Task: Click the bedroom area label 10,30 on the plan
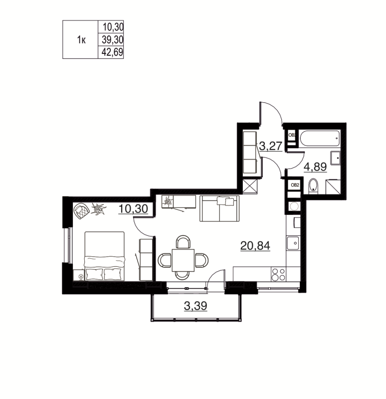(x=133, y=209)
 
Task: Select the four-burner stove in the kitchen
(x=278, y=274)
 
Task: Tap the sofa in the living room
(x=219, y=208)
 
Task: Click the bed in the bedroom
(x=104, y=255)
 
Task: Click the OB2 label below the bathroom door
(x=295, y=185)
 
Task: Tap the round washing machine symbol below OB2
(x=294, y=206)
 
